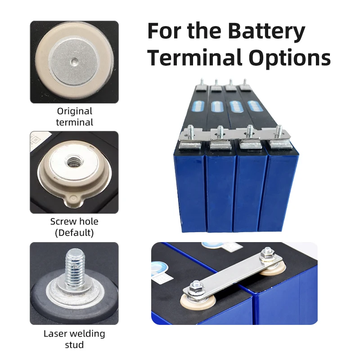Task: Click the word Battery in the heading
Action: pos(266,31)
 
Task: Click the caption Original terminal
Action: pos(74,117)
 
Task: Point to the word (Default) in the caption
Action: pos(74,233)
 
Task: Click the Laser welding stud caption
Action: pos(74,339)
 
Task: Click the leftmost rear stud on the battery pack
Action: pos(202,82)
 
